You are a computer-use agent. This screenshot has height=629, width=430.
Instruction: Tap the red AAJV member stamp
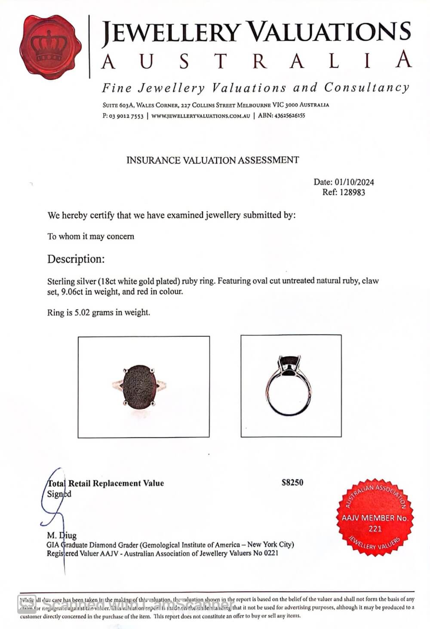click(x=375, y=516)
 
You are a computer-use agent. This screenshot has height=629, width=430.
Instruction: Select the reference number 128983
click(x=352, y=192)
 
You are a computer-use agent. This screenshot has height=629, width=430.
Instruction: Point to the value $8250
click(x=292, y=483)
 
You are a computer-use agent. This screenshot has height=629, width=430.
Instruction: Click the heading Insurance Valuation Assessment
click(x=212, y=160)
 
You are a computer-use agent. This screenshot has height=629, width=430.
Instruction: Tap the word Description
click(x=76, y=259)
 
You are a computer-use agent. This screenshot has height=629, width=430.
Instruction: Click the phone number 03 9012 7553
click(x=126, y=116)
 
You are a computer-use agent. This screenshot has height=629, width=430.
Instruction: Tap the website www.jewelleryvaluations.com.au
click(x=200, y=116)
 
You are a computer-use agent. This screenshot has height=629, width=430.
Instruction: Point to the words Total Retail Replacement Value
click(x=106, y=483)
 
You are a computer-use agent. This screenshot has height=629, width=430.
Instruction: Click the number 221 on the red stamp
click(x=375, y=529)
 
